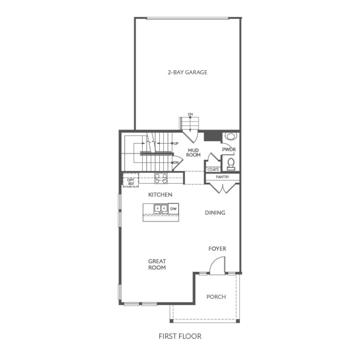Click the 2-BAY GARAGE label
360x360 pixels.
click(x=187, y=72)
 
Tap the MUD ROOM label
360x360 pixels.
click(x=193, y=152)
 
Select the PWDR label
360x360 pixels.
click(x=228, y=150)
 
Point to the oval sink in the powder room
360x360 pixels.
click(x=229, y=136)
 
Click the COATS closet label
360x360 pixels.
click(x=213, y=169)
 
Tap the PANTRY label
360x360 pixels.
click(x=222, y=177)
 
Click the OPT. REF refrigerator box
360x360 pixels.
click(x=131, y=181)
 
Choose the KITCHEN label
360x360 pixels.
click(x=160, y=195)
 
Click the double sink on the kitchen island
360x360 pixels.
click(x=161, y=209)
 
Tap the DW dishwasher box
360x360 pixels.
click(x=173, y=209)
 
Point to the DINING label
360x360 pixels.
click(x=215, y=213)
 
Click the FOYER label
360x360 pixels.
click(x=217, y=249)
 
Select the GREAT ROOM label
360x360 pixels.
click(x=157, y=264)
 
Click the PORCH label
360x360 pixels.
click(x=216, y=297)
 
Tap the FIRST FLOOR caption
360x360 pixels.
click(x=180, y=336)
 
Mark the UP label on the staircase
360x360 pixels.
click(x=176, y=144)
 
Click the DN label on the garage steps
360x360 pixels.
click(x=190, y=114)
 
